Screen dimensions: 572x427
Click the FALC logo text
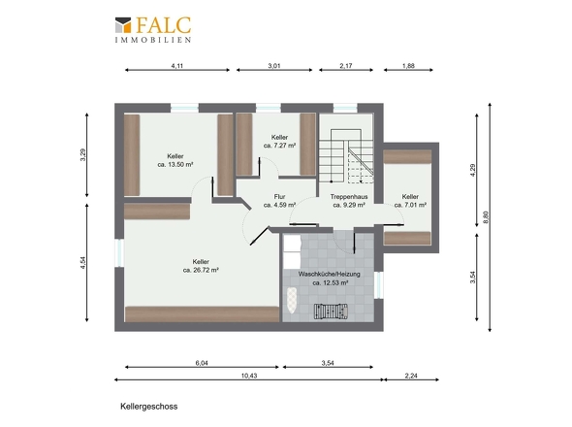164,25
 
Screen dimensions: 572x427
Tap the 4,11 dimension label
176,66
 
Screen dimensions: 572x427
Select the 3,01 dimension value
274,66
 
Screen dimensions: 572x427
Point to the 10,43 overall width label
249,376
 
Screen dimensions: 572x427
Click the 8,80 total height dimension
485,217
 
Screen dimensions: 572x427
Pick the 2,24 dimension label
411,376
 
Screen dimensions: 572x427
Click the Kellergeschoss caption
149,407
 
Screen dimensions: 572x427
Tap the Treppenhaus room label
349,196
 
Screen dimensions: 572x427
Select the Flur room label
279,196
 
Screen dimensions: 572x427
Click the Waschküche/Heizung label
329,274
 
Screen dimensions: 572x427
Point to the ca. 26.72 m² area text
201,271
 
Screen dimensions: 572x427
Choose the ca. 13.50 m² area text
175,165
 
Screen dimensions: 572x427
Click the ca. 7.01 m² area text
410,205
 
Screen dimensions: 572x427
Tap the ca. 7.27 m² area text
279,146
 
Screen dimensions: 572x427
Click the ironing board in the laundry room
293,301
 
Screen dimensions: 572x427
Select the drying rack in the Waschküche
331,312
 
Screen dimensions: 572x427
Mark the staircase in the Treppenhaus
346,156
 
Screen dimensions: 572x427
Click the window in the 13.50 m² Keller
184,108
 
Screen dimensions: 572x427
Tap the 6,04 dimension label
202,363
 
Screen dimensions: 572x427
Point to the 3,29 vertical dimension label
82,154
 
